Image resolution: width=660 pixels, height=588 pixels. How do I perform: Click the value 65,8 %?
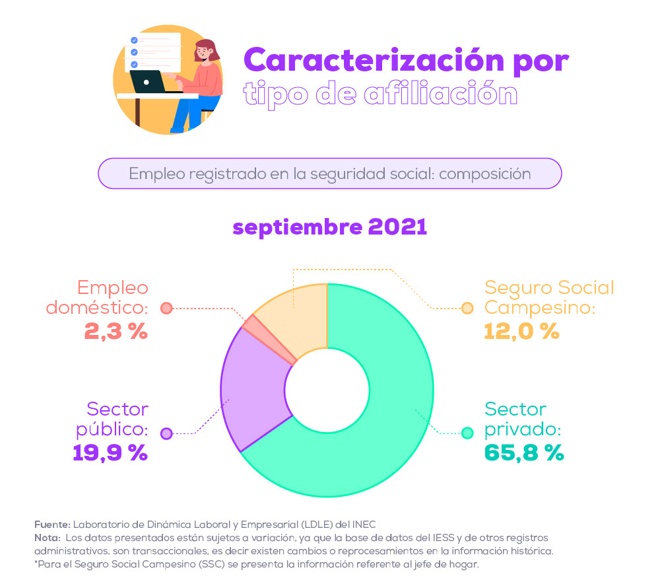pos(524,453)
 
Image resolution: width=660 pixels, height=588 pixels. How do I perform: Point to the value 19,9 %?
pos(110,453)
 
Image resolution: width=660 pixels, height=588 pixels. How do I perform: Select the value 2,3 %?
pos(116,330)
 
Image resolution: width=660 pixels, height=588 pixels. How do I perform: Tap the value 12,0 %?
pos(521,330)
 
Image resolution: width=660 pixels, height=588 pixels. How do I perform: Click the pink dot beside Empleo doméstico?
pos(166,308)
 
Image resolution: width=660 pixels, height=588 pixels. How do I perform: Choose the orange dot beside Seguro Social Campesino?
pos(468,308)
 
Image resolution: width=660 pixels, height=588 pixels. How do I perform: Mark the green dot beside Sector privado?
pos(468,433)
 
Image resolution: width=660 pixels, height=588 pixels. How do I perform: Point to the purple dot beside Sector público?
pos(166,433)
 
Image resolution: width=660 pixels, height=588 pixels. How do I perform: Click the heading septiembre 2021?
pos(330,227)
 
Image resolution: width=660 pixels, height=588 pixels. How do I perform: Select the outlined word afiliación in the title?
pos(440,93)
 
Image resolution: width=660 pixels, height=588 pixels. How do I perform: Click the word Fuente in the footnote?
pos(51,525)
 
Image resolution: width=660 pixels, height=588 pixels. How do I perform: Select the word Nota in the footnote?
pos(47,538)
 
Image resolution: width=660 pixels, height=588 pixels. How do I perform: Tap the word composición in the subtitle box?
pos(485,174)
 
